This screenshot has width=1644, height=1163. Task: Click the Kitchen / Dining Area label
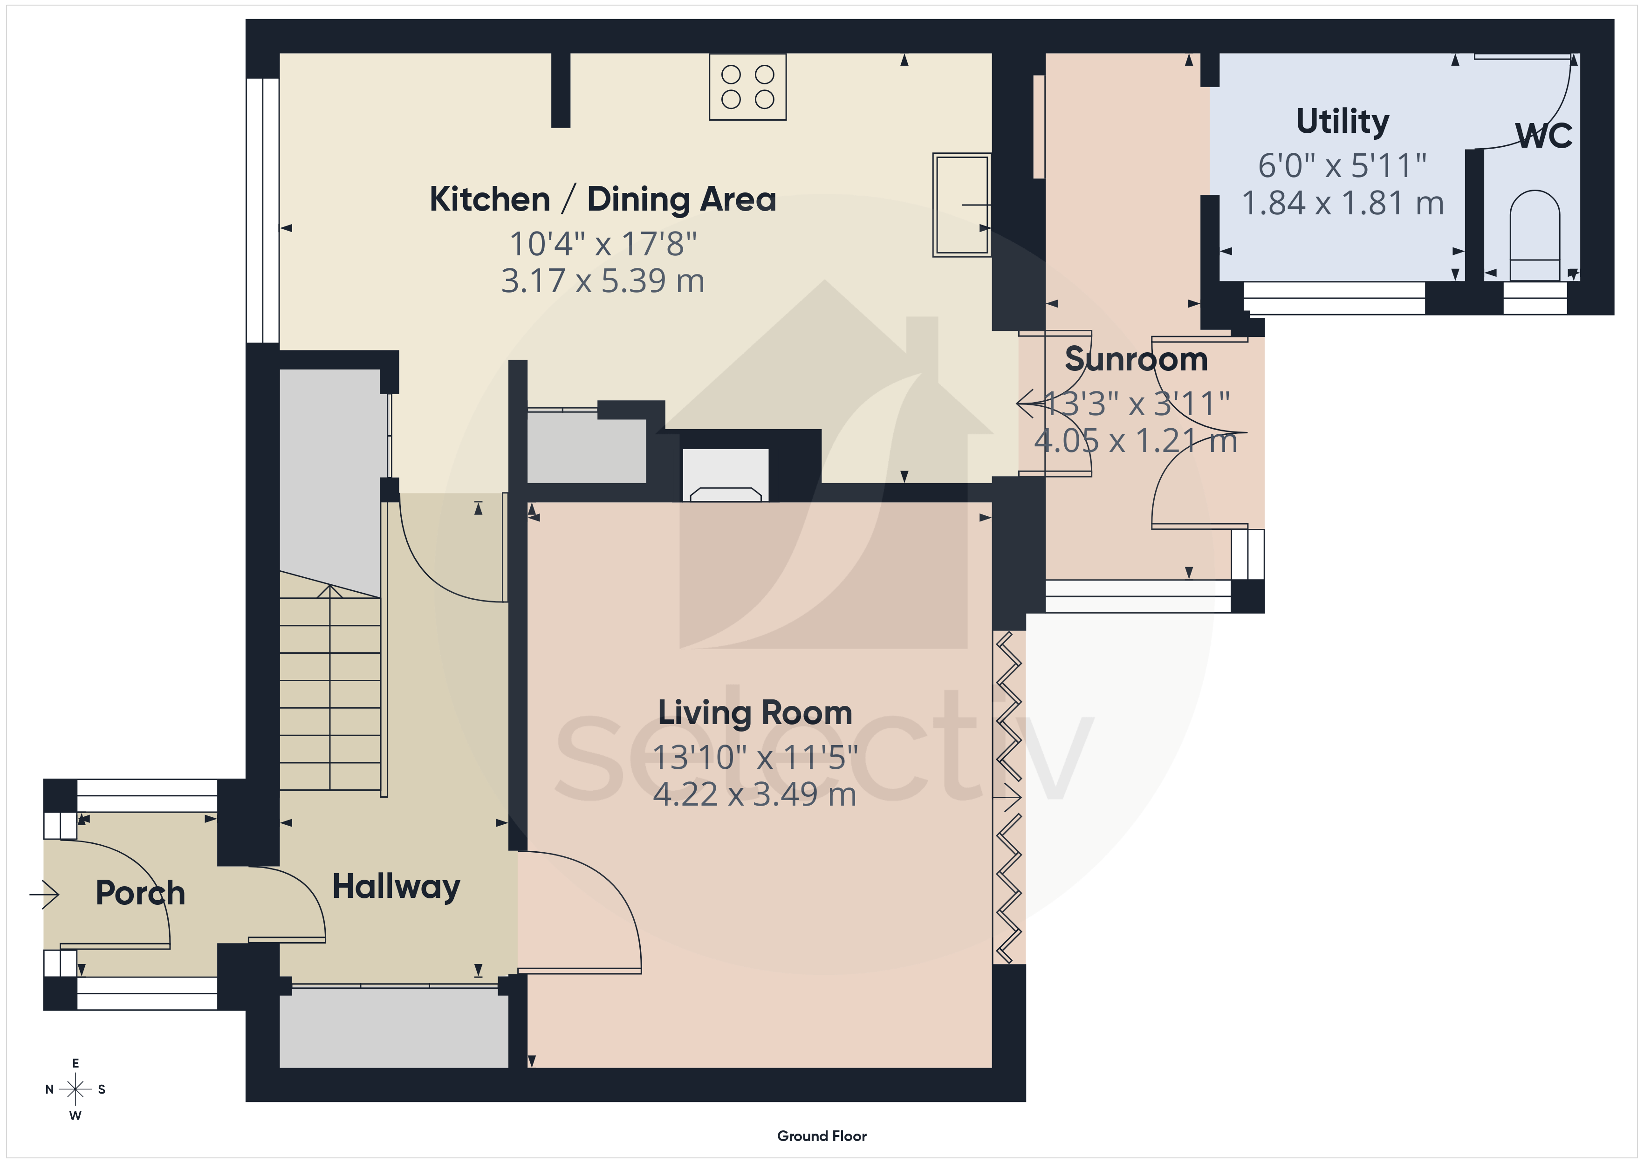click(x=603, y=199)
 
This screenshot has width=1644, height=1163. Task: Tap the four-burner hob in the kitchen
click(x=747, y=87)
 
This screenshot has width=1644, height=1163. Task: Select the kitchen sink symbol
click(x=962, y=205)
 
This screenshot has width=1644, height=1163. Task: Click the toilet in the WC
click(x=1534, y=235)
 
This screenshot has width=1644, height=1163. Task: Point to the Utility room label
click(x=1343, y=122)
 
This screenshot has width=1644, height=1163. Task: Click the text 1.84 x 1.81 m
click(x=1343, y=203)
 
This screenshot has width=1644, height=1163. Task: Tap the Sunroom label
click(x=1137, y=359)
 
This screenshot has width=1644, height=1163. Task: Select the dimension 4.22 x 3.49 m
click(x=755, y=794)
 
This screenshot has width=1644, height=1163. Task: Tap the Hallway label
click(x=396, y=887)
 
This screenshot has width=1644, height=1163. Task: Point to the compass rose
click(x=75, y=1089)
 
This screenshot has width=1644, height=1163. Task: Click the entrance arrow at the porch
click(x=44, y=894)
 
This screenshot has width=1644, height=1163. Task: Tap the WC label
click(x=1544, y=135)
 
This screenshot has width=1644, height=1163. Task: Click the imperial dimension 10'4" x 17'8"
click(x=603, y=244)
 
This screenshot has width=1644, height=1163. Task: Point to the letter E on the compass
click(x=75, y=1063)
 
